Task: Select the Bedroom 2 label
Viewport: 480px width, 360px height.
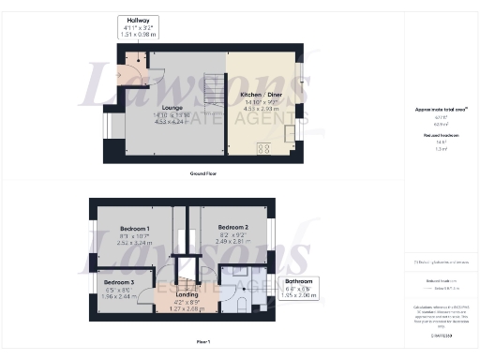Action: click(x=232, y=228)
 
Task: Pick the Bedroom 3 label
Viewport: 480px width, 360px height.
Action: click(x=118, y=282)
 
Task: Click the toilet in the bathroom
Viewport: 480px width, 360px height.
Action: click(x=242, y=304)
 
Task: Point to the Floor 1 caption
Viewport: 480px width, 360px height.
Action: click(x=202, y=341)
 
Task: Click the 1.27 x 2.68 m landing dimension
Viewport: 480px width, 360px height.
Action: click(x=187, y=309)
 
